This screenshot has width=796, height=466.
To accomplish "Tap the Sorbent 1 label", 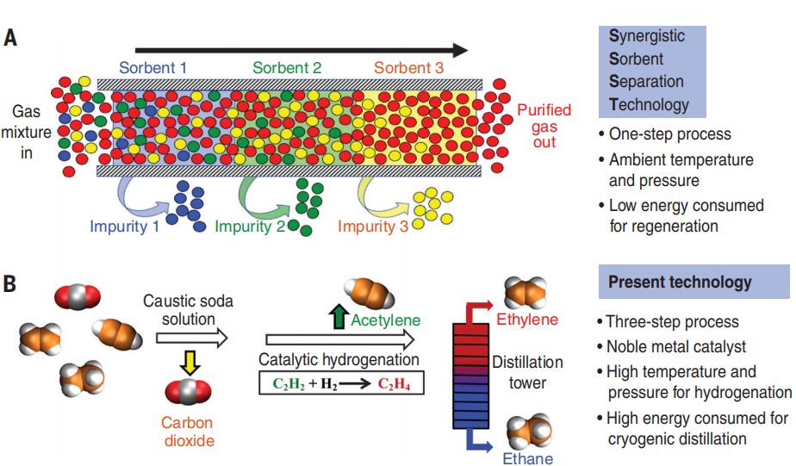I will coord(152,66).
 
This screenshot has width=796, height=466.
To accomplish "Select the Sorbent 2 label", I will coord(287,66).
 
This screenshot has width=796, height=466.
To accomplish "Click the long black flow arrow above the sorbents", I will coord(302,49).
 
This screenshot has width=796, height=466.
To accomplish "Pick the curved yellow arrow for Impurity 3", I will coord(384,197).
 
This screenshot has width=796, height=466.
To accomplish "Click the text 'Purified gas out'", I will coord(544,126).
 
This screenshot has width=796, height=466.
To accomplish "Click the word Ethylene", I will coord(526,322).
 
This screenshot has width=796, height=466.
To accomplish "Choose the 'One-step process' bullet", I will coord(669,134).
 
